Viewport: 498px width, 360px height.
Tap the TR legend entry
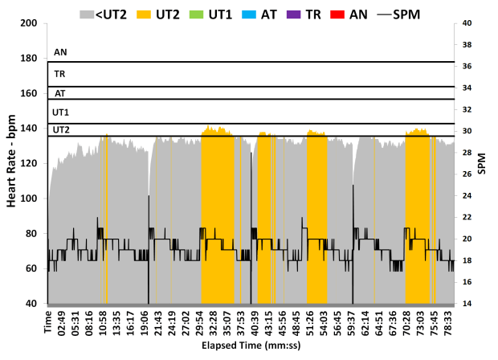click(313, 13)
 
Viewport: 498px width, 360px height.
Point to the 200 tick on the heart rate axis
click(31, 23)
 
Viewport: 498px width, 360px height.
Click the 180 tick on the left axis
click(31, 59)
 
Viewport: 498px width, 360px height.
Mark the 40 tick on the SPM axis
click(467, 23)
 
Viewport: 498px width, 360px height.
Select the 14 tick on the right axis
click(467, 304)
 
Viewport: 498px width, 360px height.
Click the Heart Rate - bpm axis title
click(12, 164)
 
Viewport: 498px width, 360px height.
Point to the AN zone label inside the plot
click(60, 52)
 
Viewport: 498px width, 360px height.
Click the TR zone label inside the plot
click(60, 74)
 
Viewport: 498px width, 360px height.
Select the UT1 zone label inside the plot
click(61, 112)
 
